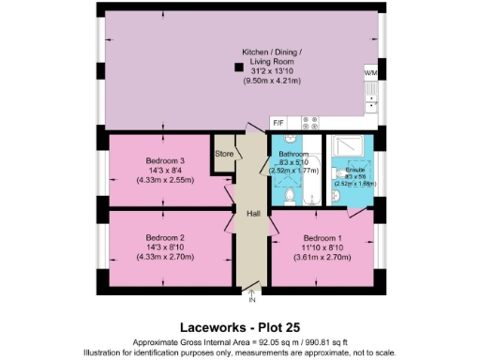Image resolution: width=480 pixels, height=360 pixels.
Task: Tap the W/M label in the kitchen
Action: pos(370,72)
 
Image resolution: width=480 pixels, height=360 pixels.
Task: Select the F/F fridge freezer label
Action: pos(277,123)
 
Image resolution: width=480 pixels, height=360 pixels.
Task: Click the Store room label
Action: pos(223,153)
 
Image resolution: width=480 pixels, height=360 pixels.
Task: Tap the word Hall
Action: pos(252,214)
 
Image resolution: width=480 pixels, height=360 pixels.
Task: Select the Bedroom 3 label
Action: pos(164,161)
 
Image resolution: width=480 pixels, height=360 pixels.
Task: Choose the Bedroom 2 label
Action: pos(164,237)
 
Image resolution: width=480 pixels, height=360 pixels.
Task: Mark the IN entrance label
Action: pos(251,300)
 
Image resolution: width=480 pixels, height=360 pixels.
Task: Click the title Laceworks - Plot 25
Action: pos(239,327)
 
